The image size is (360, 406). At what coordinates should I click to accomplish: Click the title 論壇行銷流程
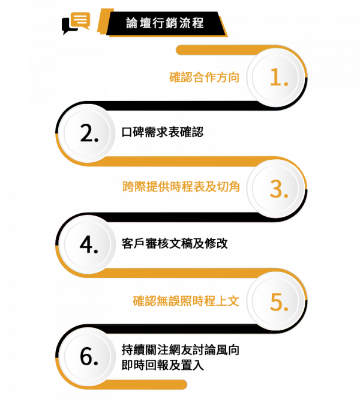pos(165,23)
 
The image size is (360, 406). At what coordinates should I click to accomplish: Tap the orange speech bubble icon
pos(80,21)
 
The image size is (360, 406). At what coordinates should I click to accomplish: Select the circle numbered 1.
pos(278,77)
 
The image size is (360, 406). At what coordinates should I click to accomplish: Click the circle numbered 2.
pos(88,134)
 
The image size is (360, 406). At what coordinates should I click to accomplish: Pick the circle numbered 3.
pos(278,189)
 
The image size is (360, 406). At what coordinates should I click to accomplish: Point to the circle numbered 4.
pos(88,244)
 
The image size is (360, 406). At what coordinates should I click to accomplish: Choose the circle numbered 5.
pos(278,301)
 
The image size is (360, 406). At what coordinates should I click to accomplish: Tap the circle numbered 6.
pos(88,356)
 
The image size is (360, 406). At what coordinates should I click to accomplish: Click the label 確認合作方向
pos(204,77)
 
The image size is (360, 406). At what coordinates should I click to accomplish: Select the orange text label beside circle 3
pos(181,187)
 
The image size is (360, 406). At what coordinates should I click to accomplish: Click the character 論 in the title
pos(132,23)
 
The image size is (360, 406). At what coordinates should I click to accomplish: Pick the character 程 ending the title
pos(199,23)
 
